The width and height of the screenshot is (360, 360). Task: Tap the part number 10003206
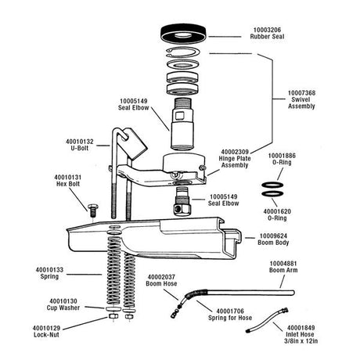(x=265, y=30)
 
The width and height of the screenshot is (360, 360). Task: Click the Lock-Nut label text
(x=45, y=334)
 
